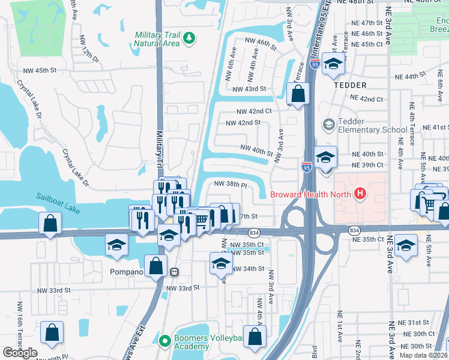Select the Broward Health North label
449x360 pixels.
point(312,194)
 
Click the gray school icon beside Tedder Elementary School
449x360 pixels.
point(328,125)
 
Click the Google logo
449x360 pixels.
point(20,353)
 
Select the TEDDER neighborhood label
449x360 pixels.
point(350,85)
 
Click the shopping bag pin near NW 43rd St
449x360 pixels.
point(298,93)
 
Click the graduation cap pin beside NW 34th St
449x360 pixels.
point(221,263)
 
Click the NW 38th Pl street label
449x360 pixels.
point(231,185)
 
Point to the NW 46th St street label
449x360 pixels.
point(261,43)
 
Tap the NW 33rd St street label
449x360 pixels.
point(182,288)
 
